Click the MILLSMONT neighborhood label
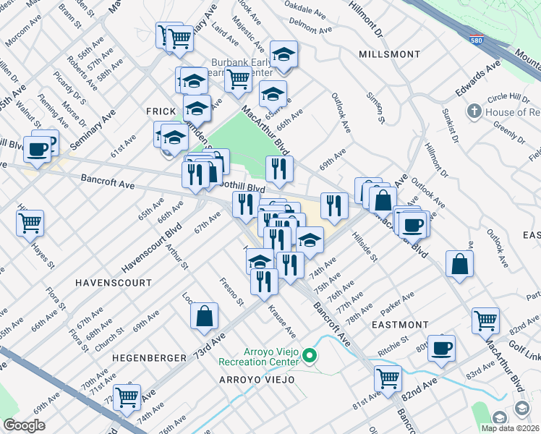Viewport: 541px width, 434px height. pyautogui.click(x=389, y=54)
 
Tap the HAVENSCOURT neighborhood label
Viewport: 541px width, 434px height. pyautogui.click(x=114, y=282)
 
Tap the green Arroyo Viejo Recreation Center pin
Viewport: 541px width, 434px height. pyautogui.click(x=310, y=355)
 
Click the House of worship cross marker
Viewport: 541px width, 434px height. pyautogui.click(x=474, y=112)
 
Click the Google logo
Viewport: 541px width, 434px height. pyautogui.click(x=24, y=425)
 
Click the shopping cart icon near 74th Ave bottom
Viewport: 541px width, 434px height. pyautogui.click(x=127, y=395)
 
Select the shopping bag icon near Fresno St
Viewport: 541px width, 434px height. pyautogui.click(x=205, y=315)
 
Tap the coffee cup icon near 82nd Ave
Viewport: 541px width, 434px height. pyautogui.click(x=441, y=347)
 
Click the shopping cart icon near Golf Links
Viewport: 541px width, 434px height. pyautogui.click(x=485, y=320)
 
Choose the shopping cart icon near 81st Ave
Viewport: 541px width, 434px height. pyautogui.click(x=388, y=378)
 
